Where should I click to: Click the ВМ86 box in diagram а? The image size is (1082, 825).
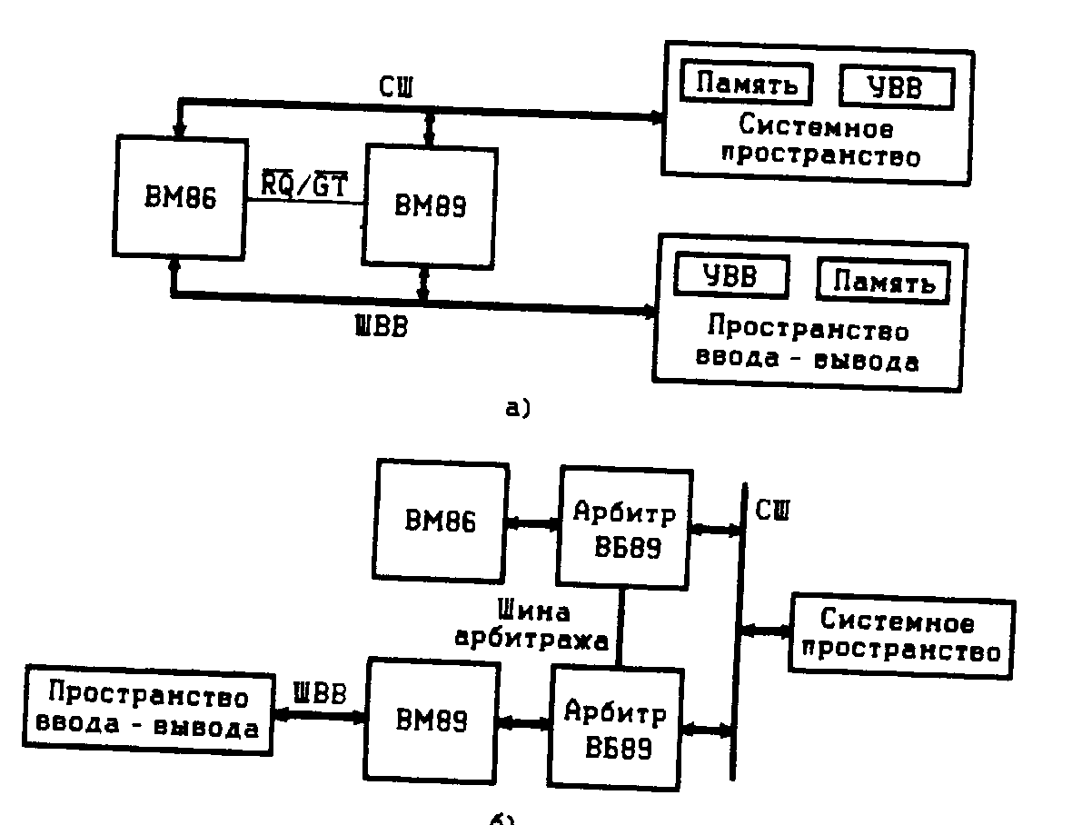(x=181, y=198)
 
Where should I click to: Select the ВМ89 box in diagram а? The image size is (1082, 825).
(x=429, y=205)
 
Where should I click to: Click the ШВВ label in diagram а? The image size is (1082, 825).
(x=380, y=326)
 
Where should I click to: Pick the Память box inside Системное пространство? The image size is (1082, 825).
(x=747, y=84)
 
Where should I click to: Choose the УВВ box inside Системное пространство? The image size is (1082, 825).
(x=896, y=88)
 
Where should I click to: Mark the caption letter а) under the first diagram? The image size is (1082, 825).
(x=516, y=408)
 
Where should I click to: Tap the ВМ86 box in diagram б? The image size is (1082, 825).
(x=441, y=522)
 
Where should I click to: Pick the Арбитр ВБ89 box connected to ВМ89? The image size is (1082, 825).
(x=615, y=727)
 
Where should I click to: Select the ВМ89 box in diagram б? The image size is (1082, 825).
(x=432, y=721)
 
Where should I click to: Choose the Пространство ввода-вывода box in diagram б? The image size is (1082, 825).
(x=148, y=712)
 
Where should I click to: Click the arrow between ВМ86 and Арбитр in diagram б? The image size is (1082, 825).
(x=532, y=523)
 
